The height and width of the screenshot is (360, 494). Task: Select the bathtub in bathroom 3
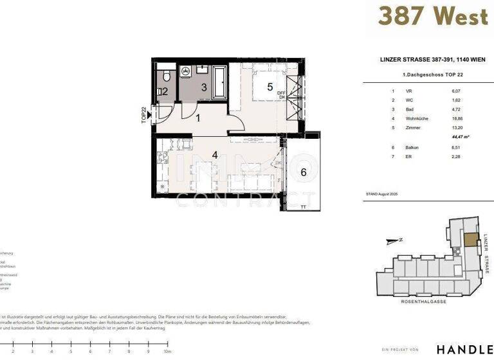220,81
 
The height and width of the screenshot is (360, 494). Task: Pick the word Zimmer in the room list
414,128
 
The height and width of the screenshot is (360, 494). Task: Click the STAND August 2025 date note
382,193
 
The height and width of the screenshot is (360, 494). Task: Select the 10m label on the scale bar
167,352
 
